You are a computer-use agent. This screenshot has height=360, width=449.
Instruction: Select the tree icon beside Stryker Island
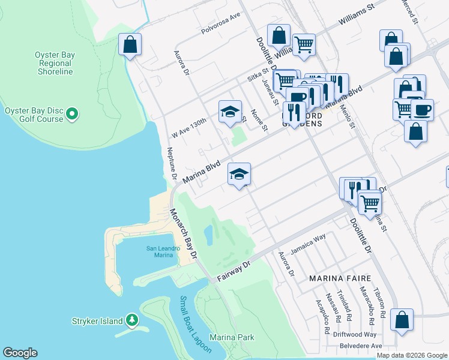pyautogui.click(x=132, y=321)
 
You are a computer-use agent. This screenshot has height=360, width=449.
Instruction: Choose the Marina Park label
pyautogui.click(x=232, y=338)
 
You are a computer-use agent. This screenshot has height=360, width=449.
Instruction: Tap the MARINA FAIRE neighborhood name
pyautogui.click(x=340, y=278)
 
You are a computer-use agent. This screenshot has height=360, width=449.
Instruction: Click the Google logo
pyautogui.click(x=20, y=353)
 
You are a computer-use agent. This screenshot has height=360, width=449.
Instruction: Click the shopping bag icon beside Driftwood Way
pyautogui.click(x=401, y=319)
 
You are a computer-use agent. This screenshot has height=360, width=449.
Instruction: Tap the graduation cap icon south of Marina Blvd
pyautogui.click(x=239, y=174)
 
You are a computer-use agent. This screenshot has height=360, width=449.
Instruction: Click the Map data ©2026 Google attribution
pyautogui.click(x=411, y=355)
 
